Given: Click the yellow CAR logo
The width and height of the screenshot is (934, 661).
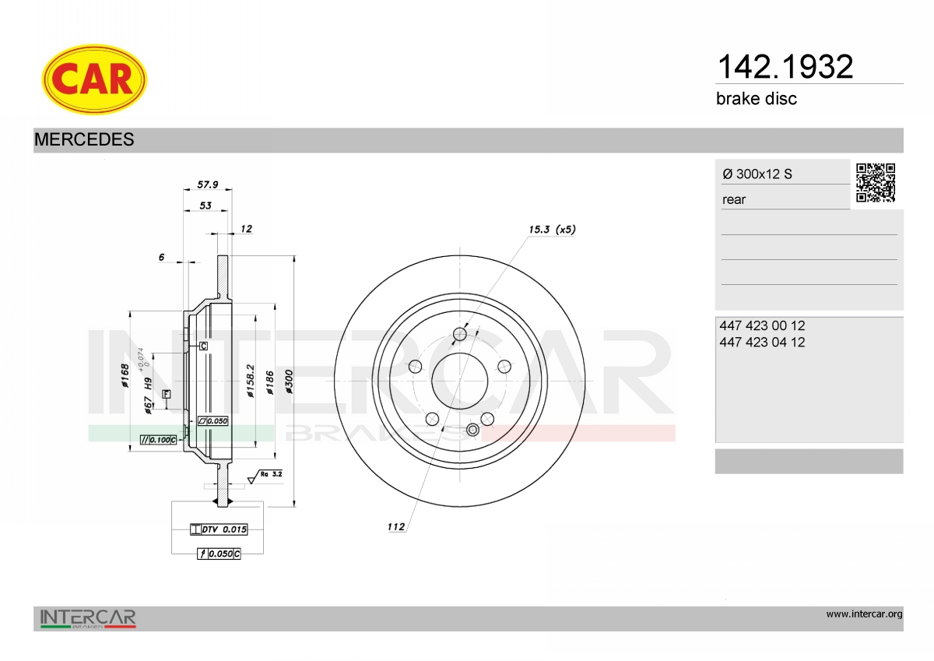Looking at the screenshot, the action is (x=94, y=79).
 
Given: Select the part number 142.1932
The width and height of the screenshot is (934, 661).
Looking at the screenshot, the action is (x=785, y=67).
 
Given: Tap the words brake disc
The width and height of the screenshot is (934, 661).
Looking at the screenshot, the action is (x=757, y=99).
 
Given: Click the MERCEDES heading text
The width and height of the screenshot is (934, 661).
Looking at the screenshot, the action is (x=84, y=139).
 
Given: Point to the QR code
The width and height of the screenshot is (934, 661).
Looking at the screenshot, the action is (x=876, y=183).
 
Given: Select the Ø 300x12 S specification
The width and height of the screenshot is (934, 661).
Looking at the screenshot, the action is (x=757, y=174).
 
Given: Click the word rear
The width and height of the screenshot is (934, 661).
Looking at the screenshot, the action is (x=734, y=200).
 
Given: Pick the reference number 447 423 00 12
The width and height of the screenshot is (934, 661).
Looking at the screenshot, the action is (x=762, y=325).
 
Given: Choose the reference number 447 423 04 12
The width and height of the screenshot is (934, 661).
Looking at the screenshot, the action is (x=762, y=342).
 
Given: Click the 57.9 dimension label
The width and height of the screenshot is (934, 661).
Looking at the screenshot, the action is (x=208, y=185).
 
